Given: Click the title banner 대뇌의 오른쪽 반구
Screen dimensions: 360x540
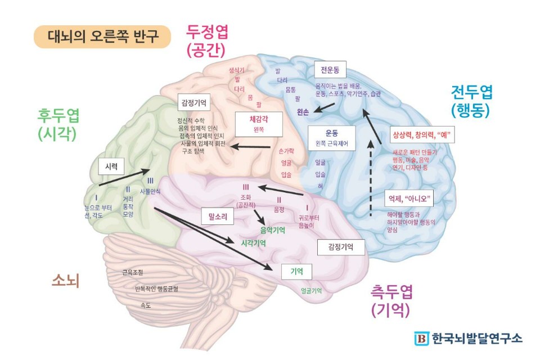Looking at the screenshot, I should click(102, 37).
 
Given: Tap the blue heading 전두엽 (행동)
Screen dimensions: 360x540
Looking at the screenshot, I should click(471, 101).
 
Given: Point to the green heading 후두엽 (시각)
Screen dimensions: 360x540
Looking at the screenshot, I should click(58, 124).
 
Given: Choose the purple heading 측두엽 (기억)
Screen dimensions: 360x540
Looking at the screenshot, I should click(392, 300).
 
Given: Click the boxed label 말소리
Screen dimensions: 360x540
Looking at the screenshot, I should click(217, 215).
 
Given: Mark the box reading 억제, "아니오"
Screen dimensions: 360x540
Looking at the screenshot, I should click(409, 199).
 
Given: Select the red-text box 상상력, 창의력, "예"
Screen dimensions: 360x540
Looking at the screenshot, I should click(422, 135).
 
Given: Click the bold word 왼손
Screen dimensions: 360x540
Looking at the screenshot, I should click(304, 111).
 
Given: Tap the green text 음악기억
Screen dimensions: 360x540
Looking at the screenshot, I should click(272, 229).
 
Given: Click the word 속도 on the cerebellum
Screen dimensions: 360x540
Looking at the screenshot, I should click(145, 305).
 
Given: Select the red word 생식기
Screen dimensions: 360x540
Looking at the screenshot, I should click(237, 70).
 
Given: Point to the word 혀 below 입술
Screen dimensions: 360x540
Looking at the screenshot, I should click(320, 187).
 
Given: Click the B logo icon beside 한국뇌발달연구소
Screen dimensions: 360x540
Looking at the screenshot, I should click(421, 338).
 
